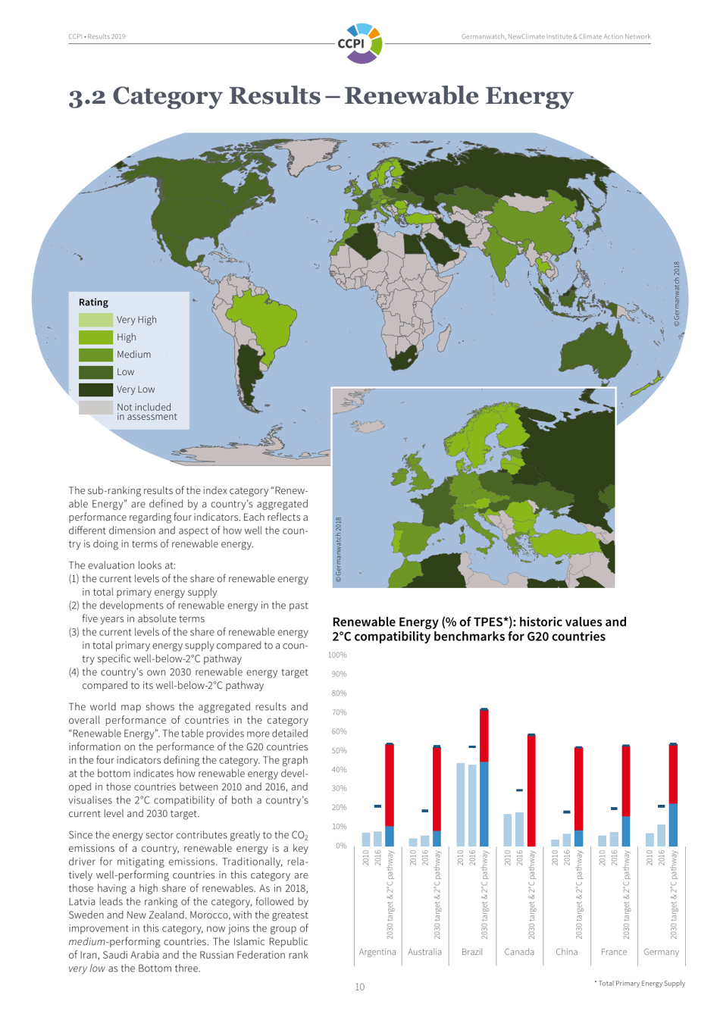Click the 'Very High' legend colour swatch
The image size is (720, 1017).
click(x=95, y=320)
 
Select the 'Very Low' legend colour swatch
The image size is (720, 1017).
click(x=95, y=390)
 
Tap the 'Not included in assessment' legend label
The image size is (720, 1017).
click(x=146, y=411)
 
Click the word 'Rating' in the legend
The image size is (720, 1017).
click(x=93, y=302)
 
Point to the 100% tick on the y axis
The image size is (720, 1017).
click(x=337, y=655)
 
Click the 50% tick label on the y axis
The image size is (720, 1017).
click(x=338, y=750)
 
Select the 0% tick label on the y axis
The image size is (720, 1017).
click(x=340, y=846)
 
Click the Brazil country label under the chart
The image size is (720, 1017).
click(x=471, y=952)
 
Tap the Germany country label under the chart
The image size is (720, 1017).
click(x=661, y=952)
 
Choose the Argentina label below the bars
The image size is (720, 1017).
click(x=377, y=952)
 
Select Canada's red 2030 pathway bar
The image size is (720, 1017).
click(x=531, y=790)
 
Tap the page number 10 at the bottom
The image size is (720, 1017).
click(x=359, y=987)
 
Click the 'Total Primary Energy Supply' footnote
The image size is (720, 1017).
click(x=640, y=984)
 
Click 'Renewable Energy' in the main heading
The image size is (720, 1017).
click(x=459, y=96)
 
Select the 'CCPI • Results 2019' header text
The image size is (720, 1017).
click(x=97, y=36)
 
